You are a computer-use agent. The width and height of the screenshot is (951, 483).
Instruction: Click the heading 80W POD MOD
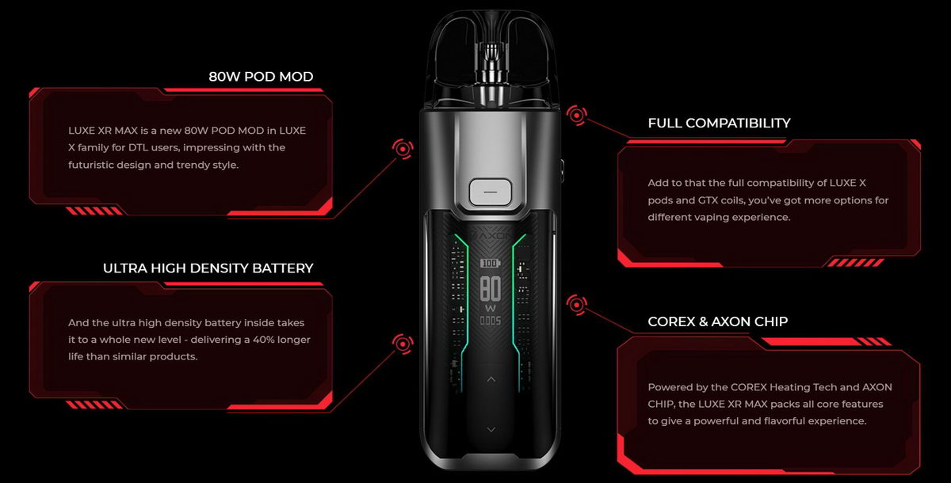261,77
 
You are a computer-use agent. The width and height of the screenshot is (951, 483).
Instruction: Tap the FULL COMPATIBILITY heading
719,123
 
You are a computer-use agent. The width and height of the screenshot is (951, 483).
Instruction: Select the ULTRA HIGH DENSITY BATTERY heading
208,268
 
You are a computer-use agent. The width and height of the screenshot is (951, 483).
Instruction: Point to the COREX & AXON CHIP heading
717,321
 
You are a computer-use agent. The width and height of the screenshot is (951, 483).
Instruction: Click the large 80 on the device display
491,289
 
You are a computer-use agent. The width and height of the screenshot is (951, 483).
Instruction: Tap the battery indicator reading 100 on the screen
490,263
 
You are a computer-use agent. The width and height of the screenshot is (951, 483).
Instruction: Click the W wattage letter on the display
491,308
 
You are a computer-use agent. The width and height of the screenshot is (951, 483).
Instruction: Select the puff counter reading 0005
491,321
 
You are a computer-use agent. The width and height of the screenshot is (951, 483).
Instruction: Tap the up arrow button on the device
491,379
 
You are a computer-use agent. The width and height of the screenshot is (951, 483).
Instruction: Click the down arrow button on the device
491,430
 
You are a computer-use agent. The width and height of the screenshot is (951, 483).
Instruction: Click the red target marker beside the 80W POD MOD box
403,149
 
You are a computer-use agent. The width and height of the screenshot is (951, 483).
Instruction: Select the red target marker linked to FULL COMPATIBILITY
577,115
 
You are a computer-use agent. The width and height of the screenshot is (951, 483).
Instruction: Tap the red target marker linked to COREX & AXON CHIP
577,305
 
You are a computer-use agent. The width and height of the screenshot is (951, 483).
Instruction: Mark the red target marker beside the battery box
403,344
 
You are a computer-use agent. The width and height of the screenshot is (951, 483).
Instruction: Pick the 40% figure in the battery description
263,340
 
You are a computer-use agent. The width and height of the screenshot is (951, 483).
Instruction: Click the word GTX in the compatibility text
708,200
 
